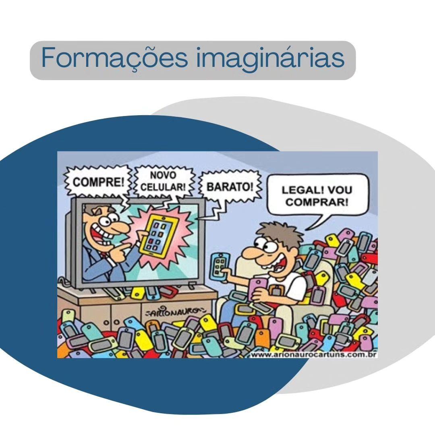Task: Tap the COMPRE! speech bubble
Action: tap(99, 182)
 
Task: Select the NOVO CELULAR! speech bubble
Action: tap(163, 181)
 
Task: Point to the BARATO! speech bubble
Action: tap(230, 187)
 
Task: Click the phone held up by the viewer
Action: tap(220, 265)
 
